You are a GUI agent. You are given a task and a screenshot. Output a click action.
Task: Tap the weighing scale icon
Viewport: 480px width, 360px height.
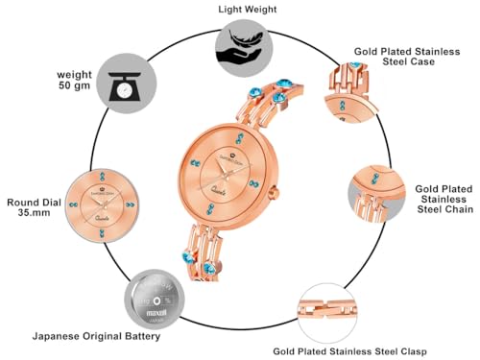125,89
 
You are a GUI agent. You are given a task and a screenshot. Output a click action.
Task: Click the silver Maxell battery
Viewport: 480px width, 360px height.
154,300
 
